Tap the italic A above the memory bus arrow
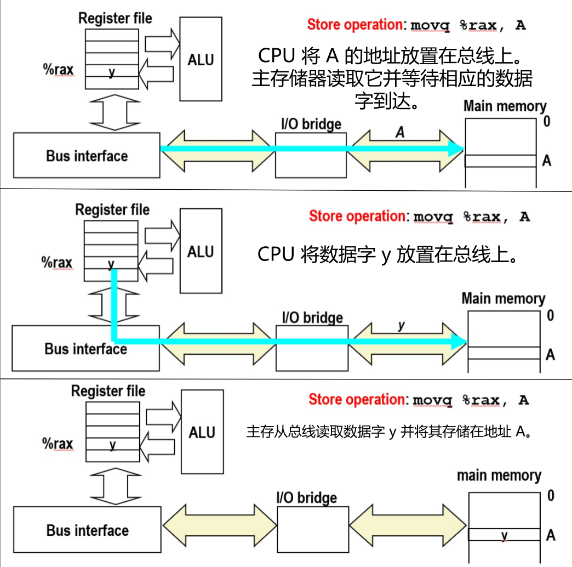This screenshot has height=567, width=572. (400, 132)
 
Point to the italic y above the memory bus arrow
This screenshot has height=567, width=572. (402, 325)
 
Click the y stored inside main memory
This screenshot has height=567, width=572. (504, 535)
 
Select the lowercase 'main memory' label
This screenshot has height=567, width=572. (499, 475)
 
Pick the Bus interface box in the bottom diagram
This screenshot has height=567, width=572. (87, 530)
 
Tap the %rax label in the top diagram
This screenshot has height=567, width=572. (58, 70)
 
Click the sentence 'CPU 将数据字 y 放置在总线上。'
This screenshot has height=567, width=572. (388, 254)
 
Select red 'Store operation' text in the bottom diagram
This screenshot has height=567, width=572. (356, 399)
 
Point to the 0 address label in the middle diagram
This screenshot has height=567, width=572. (550, 315)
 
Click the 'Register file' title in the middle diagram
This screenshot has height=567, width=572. (112, 209)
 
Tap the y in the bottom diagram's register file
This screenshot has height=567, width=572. (112, 444)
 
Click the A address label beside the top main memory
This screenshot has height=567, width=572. (547, 161)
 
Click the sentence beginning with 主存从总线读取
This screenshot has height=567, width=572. (390, 432)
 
